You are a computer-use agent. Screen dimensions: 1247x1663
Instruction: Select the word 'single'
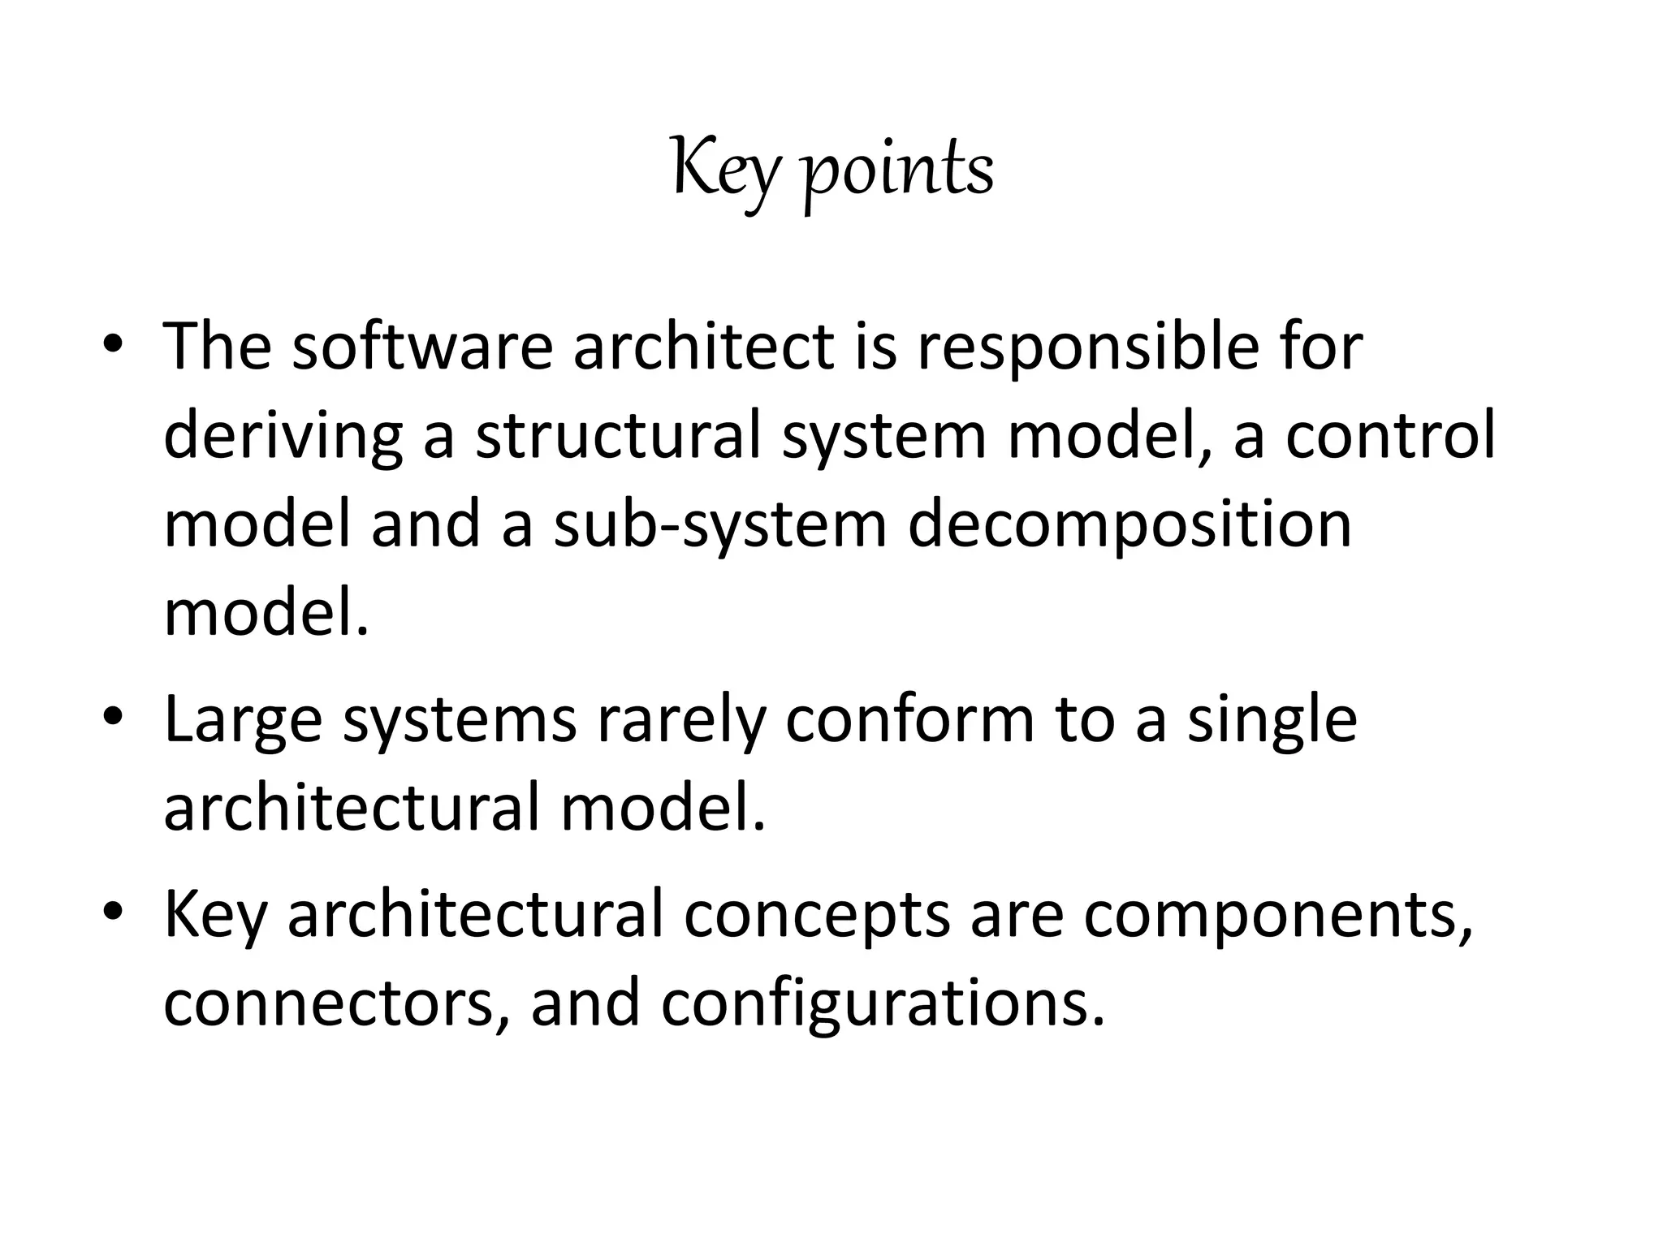coord(1272,721)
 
